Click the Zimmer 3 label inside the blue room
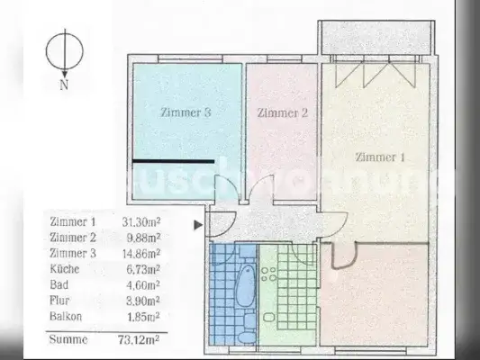(186, 113)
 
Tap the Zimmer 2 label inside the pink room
(283, 113)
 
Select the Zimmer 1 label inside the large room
(381, 157)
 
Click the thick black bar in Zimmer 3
(174, 161)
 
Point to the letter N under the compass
(64, 86)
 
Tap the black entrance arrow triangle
(198, 224)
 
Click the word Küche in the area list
(67, 269)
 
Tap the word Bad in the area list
(61, 284)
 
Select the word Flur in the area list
(62, 301)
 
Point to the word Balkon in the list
(68, 317)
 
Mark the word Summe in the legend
(69, 339)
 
